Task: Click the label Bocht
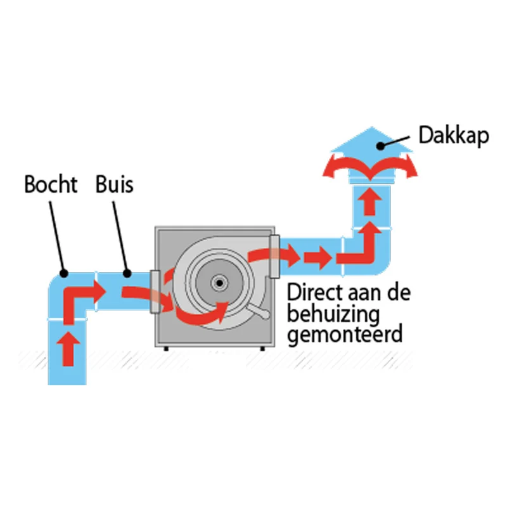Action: click(x=51, y=184)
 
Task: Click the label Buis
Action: click(x=115, y=184)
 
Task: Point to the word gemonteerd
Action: click(x=345, y=333)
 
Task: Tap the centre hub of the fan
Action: click(x=219, y=281)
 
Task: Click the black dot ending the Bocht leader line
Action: click(x=63, y=273)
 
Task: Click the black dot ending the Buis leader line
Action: click(x=127, y=274)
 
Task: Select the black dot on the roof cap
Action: click(x=380, y=146)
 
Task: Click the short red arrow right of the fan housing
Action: click(x=317, y=258)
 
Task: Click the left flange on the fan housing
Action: click(x=154, y=292)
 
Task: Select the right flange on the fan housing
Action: click(x=274, y=256)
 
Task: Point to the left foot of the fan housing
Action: click(x=166, y=348)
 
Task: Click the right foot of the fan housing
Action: click(x=261, y=348)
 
